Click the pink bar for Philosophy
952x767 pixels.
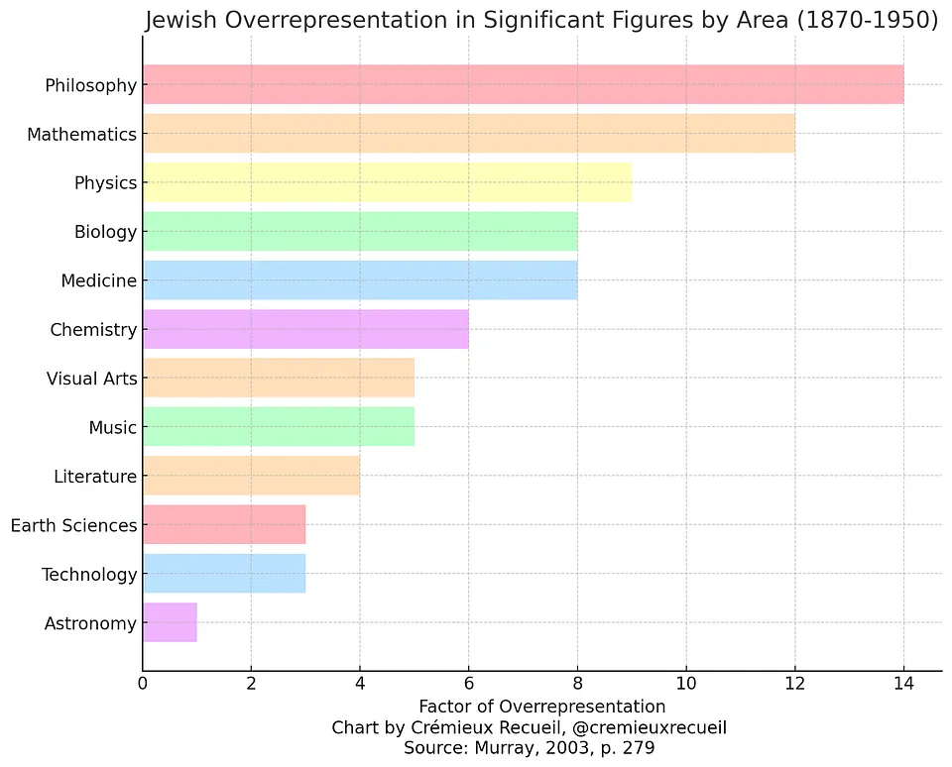tap(523, 84)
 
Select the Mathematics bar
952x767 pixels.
tap(468, 134)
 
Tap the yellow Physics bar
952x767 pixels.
tap(387, 182)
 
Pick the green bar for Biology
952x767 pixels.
tap(360, 232)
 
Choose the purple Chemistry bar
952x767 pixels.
tap(305, 329)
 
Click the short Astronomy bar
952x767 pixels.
tap(170, 623)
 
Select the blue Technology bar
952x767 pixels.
tap(224, 574)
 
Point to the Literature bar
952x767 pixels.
tap(251, 477)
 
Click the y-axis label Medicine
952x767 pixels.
tap(98, 280)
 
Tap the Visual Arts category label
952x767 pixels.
tap(91, 379)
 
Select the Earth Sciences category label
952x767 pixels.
tap(73, 525)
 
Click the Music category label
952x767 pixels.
tap(112, 428)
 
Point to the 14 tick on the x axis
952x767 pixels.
tap(903, 684)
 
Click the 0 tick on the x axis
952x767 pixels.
tap(143, 684)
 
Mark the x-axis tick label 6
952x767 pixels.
tap(468, 684)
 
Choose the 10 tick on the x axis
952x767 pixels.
tap(685, 684)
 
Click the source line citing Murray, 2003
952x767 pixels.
tap(529, 748)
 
